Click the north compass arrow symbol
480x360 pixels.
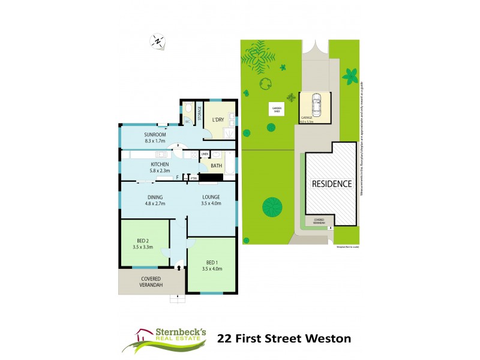[x=157, y=41]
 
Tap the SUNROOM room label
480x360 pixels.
[x=155, y=134]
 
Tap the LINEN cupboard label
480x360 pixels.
[x=204, y=154]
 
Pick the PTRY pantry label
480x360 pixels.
[x=194, y=178]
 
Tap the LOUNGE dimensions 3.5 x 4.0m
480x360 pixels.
[x=211, y=203]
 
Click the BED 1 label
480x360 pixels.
[x=211, y=263]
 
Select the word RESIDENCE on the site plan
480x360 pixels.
[x=331, y=184]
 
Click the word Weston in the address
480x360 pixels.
[x=328, y=338]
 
